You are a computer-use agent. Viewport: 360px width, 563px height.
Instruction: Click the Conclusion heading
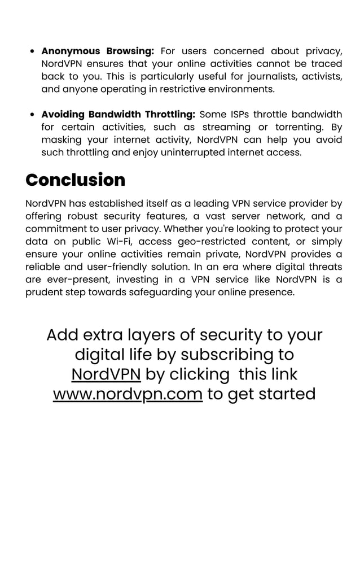[75, 180]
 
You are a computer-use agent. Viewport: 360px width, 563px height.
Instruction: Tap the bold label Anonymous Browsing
[98, 51]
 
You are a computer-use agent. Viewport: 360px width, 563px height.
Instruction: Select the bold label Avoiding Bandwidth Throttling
[118, 115]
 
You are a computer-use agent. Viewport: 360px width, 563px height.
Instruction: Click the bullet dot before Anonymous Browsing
[33, 52]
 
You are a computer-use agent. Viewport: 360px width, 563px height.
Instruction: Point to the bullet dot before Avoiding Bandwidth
[33, 115]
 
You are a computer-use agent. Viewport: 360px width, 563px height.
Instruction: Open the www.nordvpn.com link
[128, 394]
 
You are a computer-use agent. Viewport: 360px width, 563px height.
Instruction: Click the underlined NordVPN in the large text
[106, 374]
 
